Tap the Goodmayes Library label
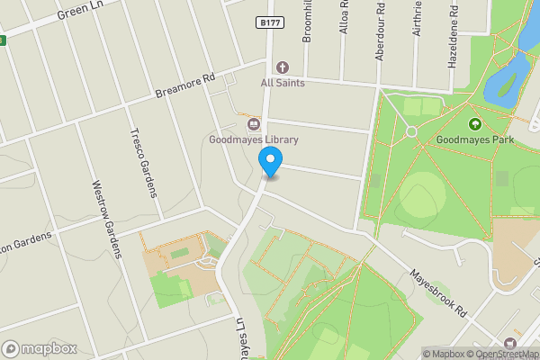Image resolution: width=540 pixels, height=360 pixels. [253, 139]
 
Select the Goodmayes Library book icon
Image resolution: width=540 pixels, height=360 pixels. [253, 123]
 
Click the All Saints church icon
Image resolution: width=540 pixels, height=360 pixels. [282, 67]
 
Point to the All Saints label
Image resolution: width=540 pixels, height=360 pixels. [283, 83]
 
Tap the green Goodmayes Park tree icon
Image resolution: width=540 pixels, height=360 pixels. [474, 124]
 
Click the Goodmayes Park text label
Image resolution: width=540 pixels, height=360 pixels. [474, 140]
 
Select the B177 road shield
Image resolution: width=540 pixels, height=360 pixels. [269, 21]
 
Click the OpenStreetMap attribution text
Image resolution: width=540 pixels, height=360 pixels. [500, 354]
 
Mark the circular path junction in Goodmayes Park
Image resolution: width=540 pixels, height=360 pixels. [411, 131]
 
